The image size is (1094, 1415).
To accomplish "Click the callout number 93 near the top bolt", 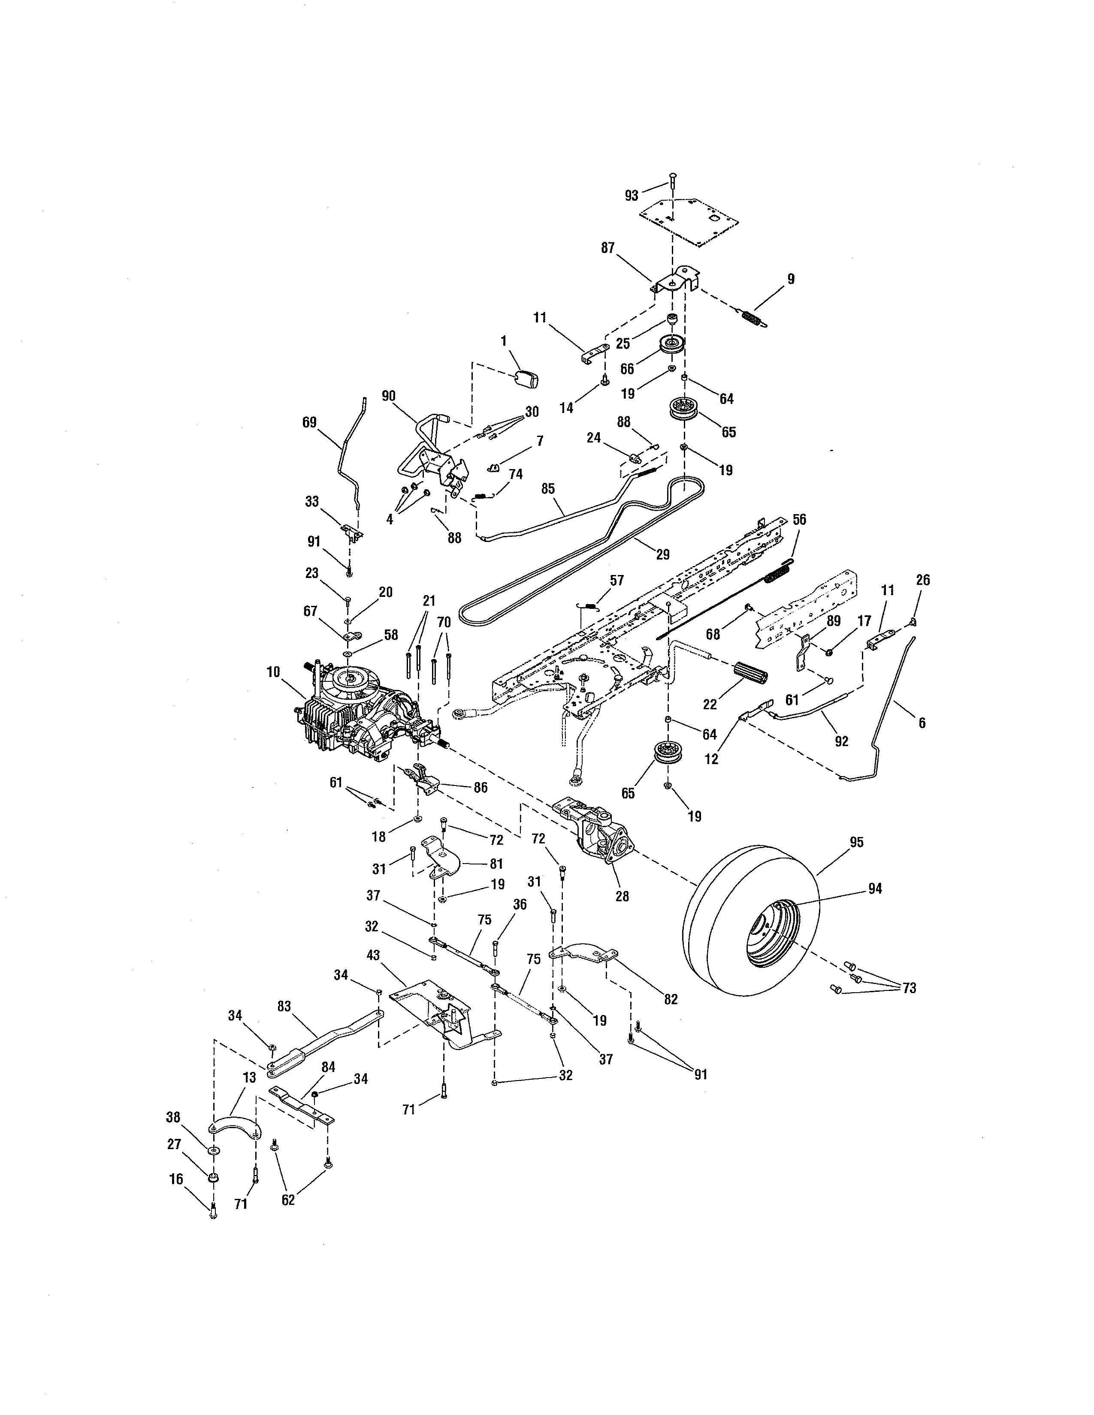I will pyautogui.click(x=631, y=196).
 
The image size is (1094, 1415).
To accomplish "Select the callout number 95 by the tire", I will pyautogui.click(x=856, y=842).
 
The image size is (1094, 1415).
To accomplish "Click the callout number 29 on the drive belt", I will pyautogui.click(x=662, y=554).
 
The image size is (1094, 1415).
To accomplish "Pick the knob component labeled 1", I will pyautogui.click(x=528, y=378).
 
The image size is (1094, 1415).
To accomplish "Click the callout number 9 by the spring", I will pyautogui.click(x=791, y=279).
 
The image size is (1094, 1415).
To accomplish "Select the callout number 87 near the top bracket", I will pyautogui.click(x=608, y=248).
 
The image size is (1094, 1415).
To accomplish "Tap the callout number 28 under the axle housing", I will pyautogui.click(x=622, y=897).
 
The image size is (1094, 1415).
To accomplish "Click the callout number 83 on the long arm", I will pyautogui.click(x=284, y=1006).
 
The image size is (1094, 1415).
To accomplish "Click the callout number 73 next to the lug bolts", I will pyautogui.click(x=909, y=988).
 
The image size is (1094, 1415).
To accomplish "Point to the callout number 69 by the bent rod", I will pyautogui.click(x=310, y=422).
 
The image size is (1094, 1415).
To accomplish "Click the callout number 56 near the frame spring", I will pyautogui.click(x=799, y=520).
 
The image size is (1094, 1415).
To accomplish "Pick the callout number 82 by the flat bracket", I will pyautogui.click(x=671, y=999).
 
